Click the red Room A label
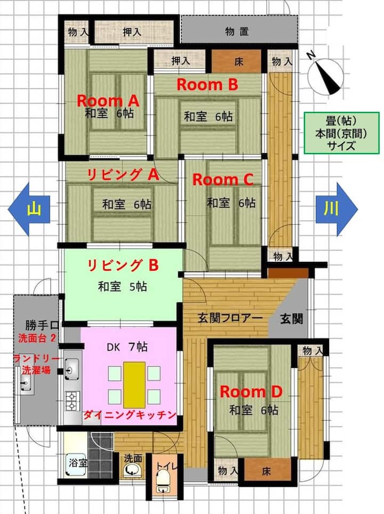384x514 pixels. tap(108, 101)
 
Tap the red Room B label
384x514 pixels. tap(207, 85)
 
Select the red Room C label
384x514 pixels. tap(222, 180)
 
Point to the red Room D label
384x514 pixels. tap(251, 392)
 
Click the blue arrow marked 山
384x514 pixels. tap(29, 209)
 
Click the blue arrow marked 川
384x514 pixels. tap(337, 209)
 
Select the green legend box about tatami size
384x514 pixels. tap(341, 133)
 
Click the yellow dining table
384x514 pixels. tap(134, 385)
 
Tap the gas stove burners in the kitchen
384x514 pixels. tap(71, 401)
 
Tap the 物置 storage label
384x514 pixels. tap(237, 31)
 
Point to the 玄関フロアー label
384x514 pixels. tap(230, 318)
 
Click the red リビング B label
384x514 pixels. tap(123, 265)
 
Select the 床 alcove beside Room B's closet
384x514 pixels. tap(237, 61)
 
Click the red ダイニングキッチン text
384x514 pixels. tap(130, 415)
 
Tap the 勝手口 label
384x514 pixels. tap(42, 325)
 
